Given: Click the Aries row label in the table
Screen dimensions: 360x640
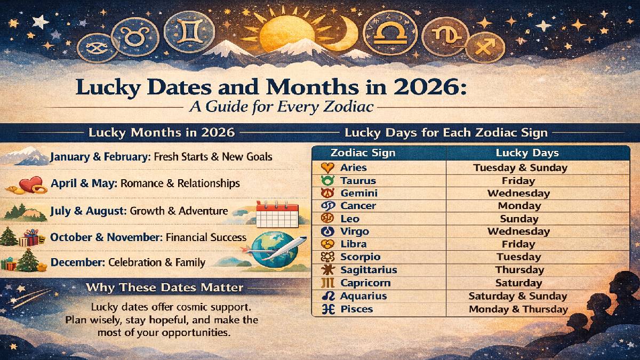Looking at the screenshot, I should point(353,167).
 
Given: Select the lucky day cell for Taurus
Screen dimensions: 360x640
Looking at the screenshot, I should point(518,181).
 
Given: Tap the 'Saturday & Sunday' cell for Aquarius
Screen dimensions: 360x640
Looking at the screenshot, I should point(517,296).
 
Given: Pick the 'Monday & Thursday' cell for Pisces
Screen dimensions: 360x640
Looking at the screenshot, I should point(518,309).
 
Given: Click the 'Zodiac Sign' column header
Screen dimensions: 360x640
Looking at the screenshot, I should point(363,153).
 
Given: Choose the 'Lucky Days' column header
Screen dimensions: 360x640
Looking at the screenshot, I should point(527,153).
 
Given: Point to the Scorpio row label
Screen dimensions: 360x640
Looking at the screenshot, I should point(360,257).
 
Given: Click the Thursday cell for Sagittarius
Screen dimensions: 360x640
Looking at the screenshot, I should point(519,270).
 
